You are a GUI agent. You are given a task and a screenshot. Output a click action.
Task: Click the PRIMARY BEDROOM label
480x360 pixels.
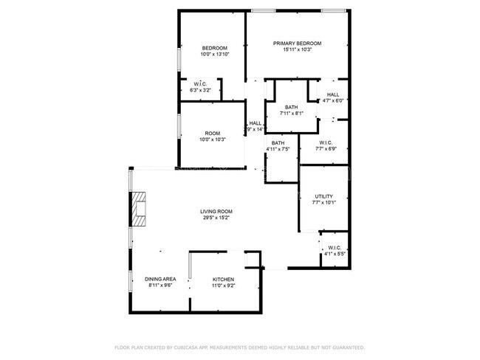[298, 44]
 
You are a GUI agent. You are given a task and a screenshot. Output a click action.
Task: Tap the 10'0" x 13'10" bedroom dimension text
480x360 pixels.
[215, 55]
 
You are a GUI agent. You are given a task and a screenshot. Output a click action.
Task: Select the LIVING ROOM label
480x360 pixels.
[215, 212]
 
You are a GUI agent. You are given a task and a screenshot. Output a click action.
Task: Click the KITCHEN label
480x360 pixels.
[223, 280]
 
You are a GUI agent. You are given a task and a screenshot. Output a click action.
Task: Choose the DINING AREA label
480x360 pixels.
[160, 280]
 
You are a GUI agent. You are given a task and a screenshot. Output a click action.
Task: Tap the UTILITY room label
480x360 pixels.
[323, 196]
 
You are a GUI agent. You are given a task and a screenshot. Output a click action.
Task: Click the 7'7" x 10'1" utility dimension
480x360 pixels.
[323, 203]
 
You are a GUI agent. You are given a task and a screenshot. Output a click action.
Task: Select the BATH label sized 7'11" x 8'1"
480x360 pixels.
[292, 108]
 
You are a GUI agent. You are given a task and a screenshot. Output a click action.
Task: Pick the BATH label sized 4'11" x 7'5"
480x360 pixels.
[278, 143]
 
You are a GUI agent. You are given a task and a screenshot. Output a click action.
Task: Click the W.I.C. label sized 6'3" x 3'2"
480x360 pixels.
[200, 84]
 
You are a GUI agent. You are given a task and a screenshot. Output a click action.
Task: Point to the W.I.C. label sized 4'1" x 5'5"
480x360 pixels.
[335, 248]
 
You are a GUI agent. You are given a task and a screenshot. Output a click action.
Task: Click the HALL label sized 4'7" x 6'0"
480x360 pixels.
[333, 94]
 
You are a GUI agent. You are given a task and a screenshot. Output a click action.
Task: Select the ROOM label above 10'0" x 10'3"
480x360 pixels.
[213, 134]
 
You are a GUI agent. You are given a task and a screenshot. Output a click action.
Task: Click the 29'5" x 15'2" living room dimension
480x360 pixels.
[215, 218]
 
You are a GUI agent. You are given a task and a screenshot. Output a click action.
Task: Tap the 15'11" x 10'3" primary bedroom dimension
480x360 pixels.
[298, 49]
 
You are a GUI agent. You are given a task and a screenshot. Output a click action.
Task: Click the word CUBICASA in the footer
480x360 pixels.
[191, 347]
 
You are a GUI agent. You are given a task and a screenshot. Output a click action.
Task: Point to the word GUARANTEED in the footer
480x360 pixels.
[347, 347]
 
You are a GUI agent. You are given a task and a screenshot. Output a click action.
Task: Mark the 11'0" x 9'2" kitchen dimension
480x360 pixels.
[223, 285]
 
